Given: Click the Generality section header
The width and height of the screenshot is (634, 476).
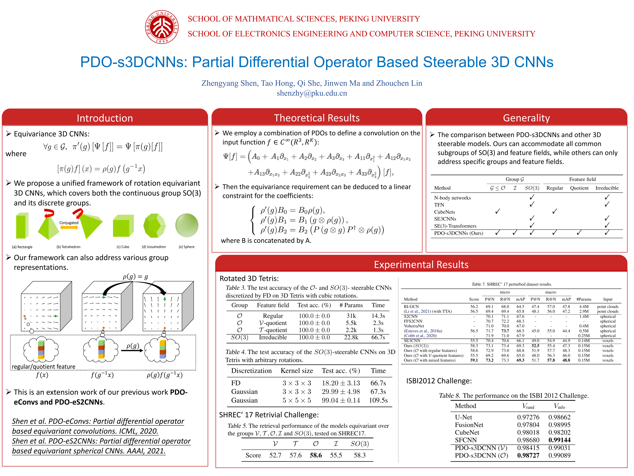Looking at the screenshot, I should click(526, 118).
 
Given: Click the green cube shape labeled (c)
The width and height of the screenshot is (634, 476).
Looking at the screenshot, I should click(123, 226).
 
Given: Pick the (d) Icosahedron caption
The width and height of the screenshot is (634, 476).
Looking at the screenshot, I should click(154, 247).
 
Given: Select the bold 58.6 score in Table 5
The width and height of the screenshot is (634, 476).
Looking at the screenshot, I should click(316, 455).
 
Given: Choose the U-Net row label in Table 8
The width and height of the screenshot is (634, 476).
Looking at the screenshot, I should click(463, 417).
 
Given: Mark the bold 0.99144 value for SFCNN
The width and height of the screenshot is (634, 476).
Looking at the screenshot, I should click(559, 440).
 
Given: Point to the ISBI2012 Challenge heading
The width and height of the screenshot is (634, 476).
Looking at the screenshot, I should click(439, 381).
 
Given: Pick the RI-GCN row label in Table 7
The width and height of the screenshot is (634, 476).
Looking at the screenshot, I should click(411, 306).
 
